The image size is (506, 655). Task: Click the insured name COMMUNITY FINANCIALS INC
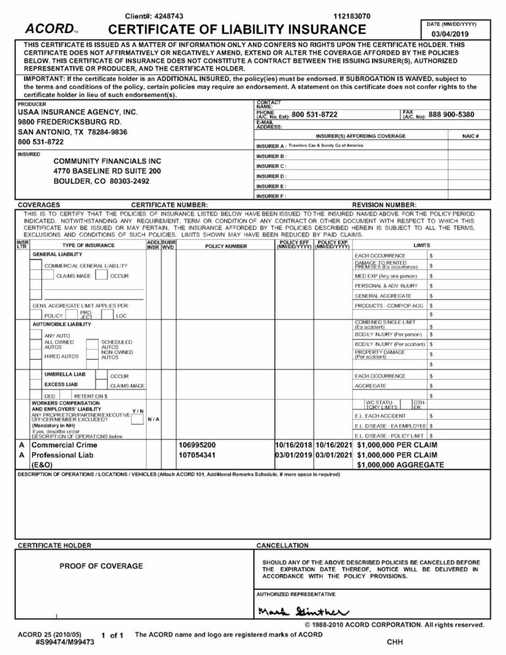coord(107,161)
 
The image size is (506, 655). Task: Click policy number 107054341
coord(197,455)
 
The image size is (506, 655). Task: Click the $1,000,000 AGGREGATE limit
coord(400,465)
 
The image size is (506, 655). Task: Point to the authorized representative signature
coord(300,610)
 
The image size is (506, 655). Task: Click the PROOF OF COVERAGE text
coord(101,566)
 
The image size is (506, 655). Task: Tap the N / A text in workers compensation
coord(153,420)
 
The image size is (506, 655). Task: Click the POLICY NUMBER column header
coord(227,246)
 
